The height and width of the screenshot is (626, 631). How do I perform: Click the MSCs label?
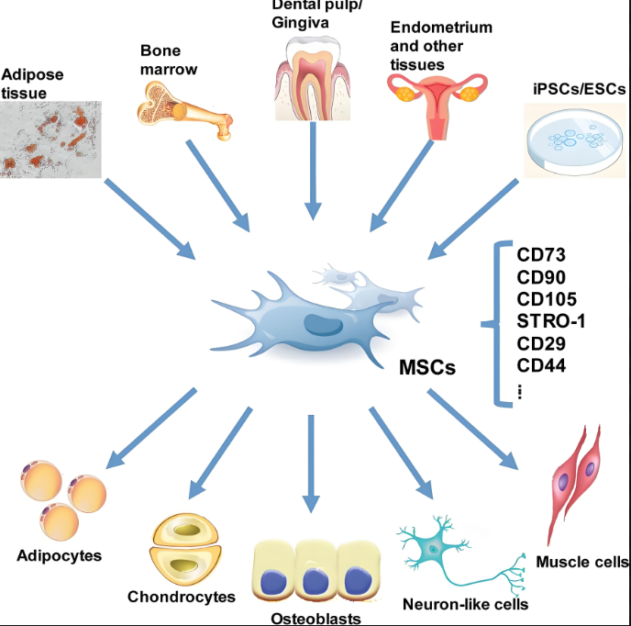pos(427,368)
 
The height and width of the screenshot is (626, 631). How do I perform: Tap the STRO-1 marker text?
pos(551,320)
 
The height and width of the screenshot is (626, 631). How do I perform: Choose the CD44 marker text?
pos(540,364)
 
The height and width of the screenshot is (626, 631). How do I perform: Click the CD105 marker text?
pos(546,298)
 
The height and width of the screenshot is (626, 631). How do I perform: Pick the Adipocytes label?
pos(60,555)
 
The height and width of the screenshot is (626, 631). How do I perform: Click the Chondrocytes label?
pos(183,597)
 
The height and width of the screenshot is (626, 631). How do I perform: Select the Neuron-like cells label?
pos(465,604)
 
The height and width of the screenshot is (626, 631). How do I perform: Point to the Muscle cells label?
pos(582,562)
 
